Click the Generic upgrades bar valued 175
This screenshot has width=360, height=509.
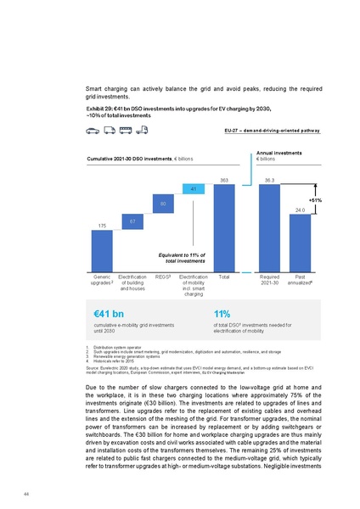pyautogui.click(x=102, y=250)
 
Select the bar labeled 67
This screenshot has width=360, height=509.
pyautogui.click(x=133, y=221)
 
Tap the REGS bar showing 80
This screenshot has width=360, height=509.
pyautogui.click(x=164, y=204)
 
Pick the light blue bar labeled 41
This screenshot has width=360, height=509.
pyautogui.click(x=194, y=187)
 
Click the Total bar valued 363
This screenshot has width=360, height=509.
pyautogui.click(x=225, y=228)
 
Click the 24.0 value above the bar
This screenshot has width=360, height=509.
pyautogui.click(x=300, y=209)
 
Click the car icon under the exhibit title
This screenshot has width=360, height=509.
pyautogui.click(x=93, y=131)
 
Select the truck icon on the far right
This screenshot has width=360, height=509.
pyautogui.click(x=142, y=131)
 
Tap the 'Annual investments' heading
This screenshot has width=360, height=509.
pyautogui.click(x=278, y=153)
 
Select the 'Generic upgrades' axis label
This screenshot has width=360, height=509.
pyautogui.click(x=102, y=280)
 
